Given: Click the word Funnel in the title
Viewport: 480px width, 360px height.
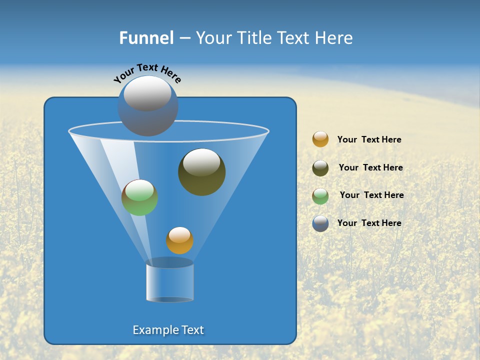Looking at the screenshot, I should [146, 38].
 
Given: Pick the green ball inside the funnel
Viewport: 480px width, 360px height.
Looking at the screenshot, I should [139, 198].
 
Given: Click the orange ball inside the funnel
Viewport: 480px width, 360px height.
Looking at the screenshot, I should [179, 241].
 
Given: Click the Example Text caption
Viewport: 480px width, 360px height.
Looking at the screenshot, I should [168, 330].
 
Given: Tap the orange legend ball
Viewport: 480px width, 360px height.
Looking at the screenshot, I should [320, 139].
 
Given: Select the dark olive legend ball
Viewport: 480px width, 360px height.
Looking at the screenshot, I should [320, 168].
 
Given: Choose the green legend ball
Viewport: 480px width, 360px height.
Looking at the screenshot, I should [320, 196].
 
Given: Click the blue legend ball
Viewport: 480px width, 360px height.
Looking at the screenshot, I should [320, 223].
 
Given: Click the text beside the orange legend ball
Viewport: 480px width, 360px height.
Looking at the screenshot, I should [369, 140].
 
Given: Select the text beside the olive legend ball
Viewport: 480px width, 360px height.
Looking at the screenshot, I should [370, 168].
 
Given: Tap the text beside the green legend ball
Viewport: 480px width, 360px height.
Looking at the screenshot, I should [371, 195].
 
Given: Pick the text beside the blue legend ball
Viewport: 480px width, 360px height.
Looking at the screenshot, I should [369, 223].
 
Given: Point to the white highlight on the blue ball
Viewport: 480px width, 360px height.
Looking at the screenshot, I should [147, 93].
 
